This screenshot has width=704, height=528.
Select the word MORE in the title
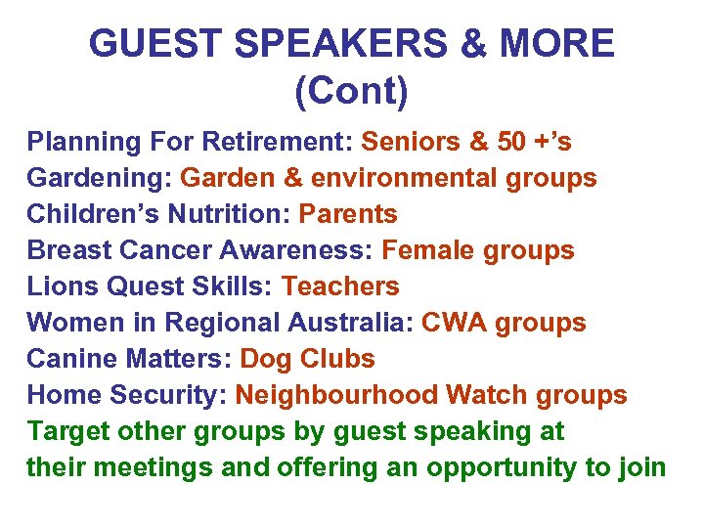557,44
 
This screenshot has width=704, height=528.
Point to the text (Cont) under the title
351,92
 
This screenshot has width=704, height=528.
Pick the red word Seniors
412,142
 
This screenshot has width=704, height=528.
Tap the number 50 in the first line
511,142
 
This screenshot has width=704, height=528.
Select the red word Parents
348,214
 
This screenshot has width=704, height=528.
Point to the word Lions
57,286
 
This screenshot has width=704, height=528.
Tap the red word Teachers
340,286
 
